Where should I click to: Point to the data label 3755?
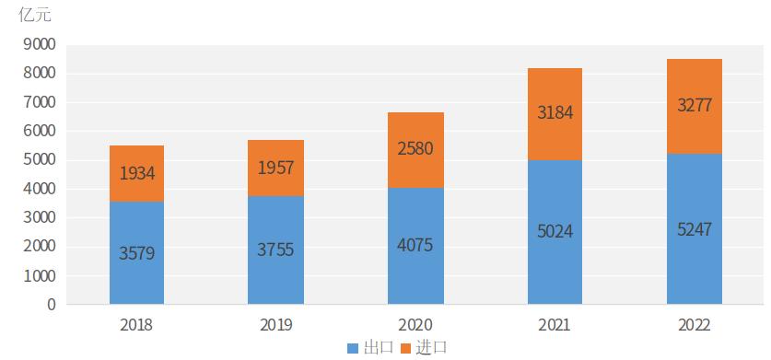275,250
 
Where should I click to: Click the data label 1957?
275,167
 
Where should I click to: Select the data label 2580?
415,149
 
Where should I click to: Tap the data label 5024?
555,231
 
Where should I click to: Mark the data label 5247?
694,227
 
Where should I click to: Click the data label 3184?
555,113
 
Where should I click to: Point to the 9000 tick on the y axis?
40,44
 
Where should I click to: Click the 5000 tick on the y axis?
40,160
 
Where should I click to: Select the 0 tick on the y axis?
52,305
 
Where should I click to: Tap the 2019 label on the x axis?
275,325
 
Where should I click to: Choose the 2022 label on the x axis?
694,325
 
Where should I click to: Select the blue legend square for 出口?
353,348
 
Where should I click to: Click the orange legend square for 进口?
405,348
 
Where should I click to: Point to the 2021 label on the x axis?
555,325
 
